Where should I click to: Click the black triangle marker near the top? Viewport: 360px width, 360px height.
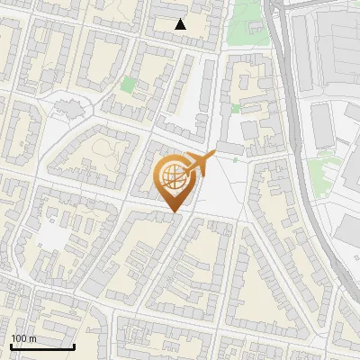181,24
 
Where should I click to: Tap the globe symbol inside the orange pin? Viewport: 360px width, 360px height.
174,177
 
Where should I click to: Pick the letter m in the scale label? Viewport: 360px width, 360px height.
32,338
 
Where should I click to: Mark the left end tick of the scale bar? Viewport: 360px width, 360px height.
11,345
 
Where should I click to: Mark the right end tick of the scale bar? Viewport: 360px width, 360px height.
74,345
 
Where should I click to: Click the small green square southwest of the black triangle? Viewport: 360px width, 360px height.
129,85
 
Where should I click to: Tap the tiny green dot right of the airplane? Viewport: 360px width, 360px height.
235,160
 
